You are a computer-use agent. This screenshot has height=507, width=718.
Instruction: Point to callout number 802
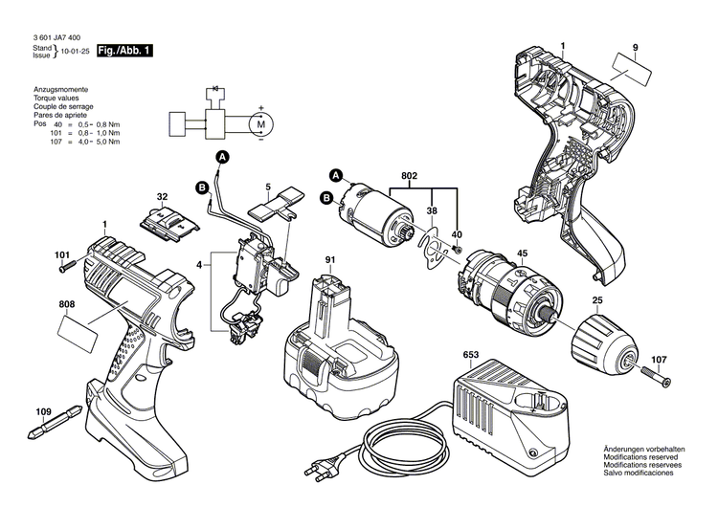[409, 177]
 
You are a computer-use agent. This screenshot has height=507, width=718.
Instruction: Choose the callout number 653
[470, 354]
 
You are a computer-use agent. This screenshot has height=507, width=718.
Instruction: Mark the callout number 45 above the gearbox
[522, 253]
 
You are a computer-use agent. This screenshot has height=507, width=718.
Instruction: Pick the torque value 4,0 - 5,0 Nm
[99, 142]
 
